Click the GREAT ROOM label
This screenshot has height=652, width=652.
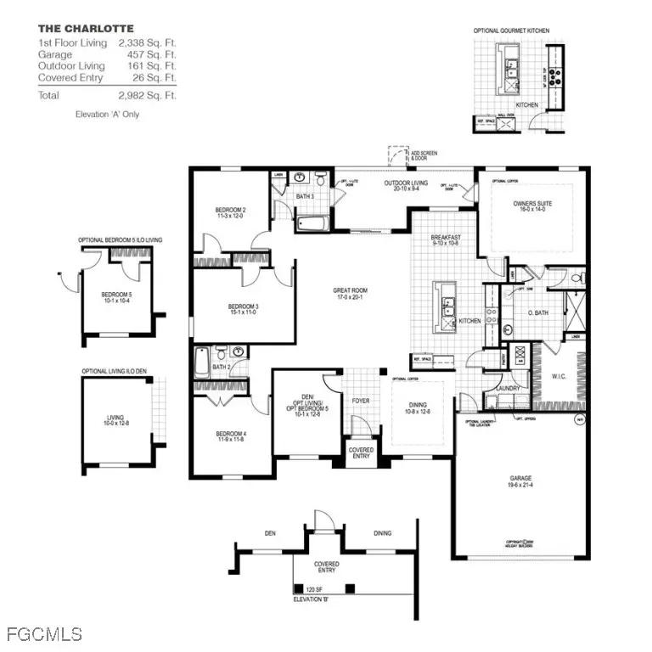click(350, 291)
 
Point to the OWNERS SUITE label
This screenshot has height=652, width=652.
click(531, 204)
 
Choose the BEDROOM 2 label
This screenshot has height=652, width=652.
click(230, 211)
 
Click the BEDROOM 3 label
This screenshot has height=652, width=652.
click(243, 306)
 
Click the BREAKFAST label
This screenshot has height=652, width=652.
click(445, 239)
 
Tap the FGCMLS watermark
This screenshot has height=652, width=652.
click(44, 634)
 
